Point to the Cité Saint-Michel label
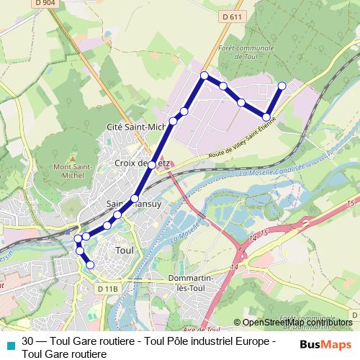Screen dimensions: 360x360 (x=136, y=127)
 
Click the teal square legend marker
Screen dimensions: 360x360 (x=9, y=342)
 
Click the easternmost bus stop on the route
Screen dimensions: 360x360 (x=282, y=86)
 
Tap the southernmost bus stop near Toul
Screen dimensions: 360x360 (x=90, y=265)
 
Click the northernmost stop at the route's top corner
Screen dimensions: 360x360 (x=204, y=75)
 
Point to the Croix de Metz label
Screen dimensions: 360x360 (x=142, y=163)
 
